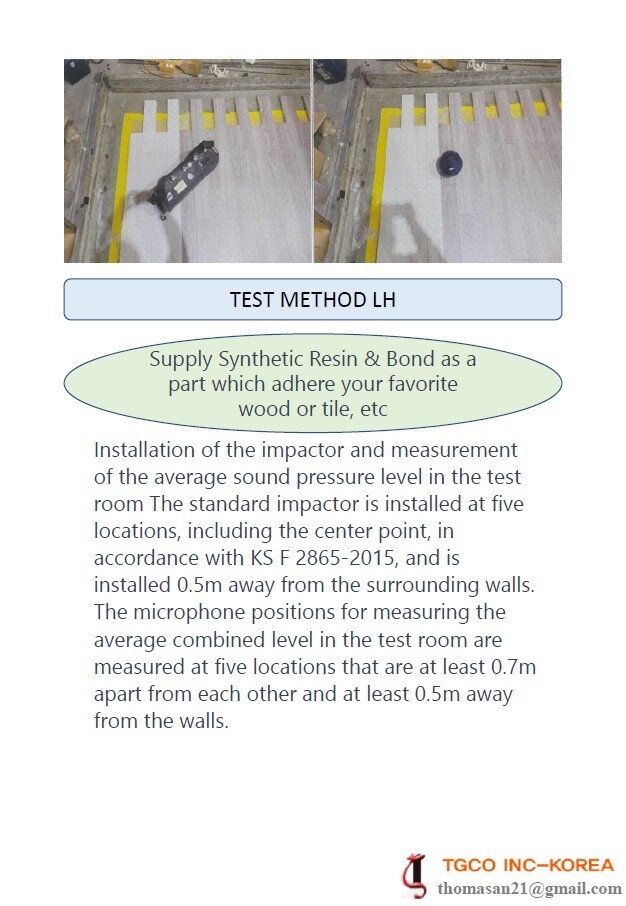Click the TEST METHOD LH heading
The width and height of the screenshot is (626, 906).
click(x=312, y=299)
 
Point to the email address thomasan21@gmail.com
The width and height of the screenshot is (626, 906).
click(x=530, y=888)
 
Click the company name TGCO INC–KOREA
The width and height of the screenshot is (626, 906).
click(x=528, y=865)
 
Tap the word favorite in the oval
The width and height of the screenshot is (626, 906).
click(x=421, y=384)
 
